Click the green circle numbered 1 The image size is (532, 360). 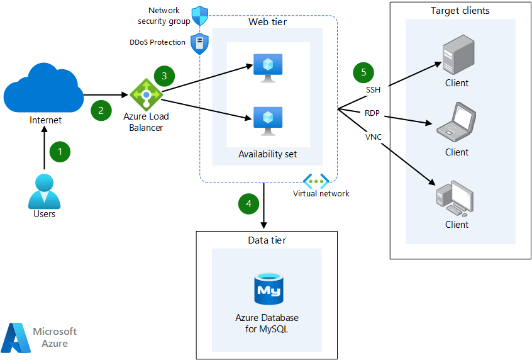pyautogui.click(x=60, y=152)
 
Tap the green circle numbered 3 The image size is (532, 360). pyautogui.click(x=164, y=76)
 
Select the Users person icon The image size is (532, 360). pyautogui.click(x=44, y=191)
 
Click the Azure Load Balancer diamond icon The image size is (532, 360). pyautogui.click(x=146, y=95)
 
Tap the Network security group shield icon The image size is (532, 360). pyautogui.click(x=199, y=16)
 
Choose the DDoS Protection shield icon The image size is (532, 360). pyautogui.click(x=199, y=44)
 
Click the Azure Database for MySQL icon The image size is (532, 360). pyautogui.click(x=267, y=290)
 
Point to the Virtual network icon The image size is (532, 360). pyautogui.click(x=316, y=181)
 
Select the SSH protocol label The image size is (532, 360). pyautogui.click(x=373, y=89)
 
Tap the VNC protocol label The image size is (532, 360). pyautogui.click(x=373, y=136)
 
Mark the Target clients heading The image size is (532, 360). pyautogui.click(x=460, y=11)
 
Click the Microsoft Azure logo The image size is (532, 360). pyautogui.click(x=39, y=337)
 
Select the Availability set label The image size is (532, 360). pyautogui.click(x=267, y=154)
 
